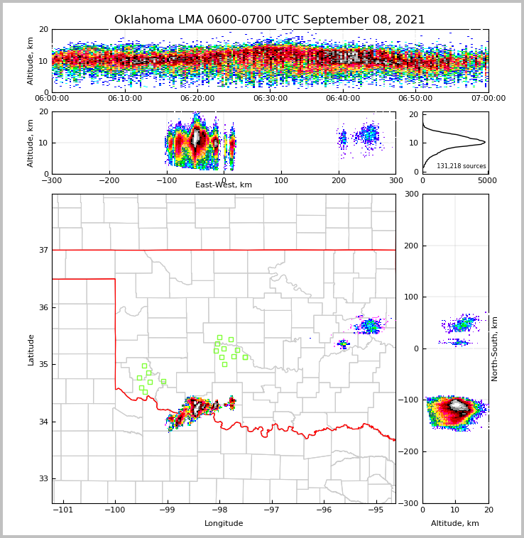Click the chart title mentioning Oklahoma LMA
269,20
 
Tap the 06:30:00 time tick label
270,99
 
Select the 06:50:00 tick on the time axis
415,99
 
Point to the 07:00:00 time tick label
488,99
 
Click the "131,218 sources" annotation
461,166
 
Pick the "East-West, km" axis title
224,185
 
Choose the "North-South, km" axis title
495,348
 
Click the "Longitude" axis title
224,524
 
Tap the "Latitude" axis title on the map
31,349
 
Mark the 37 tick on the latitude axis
43,250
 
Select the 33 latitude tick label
43,479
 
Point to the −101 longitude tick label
63,510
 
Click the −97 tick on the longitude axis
272,510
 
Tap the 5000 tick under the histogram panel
486,180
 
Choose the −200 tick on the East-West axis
109,180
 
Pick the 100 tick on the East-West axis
281,180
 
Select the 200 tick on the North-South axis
410,246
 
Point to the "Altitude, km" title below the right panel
455,524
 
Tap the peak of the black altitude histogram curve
485,142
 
